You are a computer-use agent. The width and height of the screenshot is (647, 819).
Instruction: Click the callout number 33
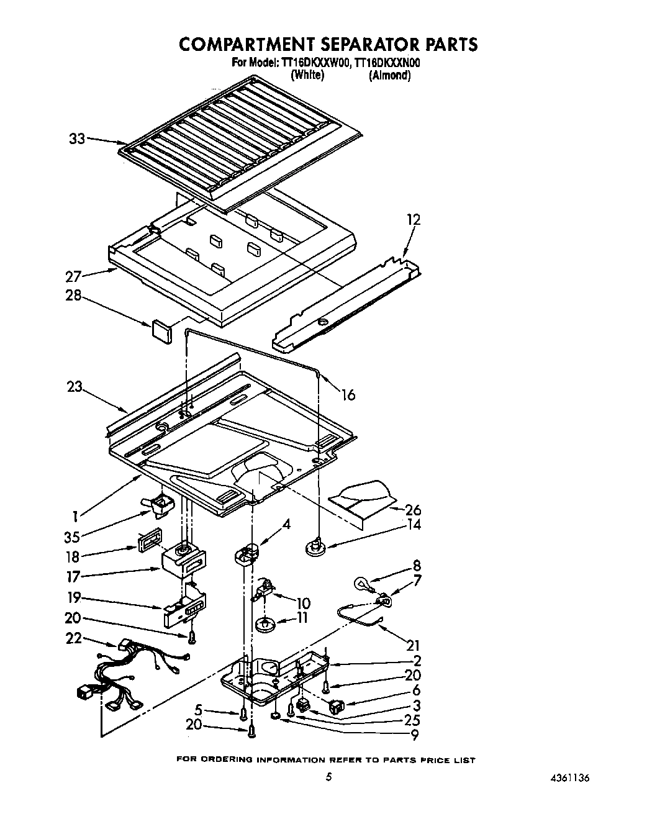click(x=76, y=139)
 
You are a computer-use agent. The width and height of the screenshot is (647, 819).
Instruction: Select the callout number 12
click(x=413, y=220)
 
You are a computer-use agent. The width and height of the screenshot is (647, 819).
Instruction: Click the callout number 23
click(x=75, y=386)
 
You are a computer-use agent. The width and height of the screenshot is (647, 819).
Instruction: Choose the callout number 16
click(x=348, y=394)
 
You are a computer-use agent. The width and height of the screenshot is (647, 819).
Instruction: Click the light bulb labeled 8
click(x=362, y=583)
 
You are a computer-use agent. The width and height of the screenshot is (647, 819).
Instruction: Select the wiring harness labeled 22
click(x=121, y=677)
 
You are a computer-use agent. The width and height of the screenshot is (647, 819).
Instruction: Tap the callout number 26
click(x=412, y=510)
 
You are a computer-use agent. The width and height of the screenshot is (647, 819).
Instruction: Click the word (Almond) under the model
click(x=389, y=75)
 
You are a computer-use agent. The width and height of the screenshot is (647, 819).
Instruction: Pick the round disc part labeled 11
click(x=266, y=623)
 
